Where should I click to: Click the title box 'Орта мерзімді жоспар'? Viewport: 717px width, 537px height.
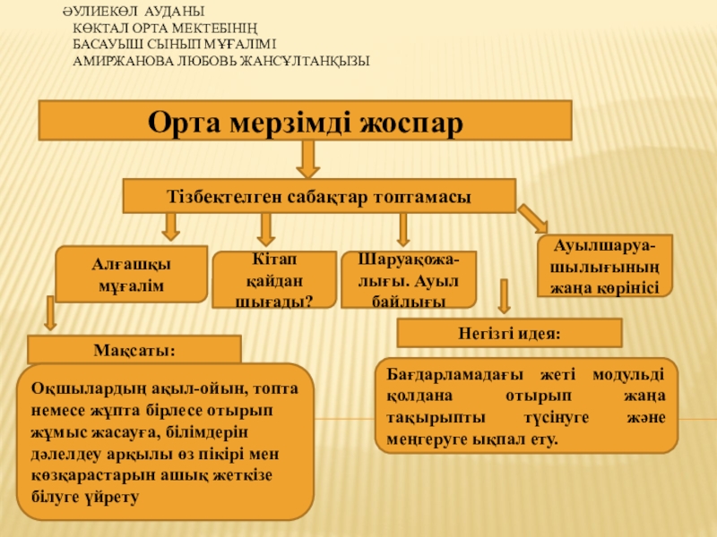[304, 121]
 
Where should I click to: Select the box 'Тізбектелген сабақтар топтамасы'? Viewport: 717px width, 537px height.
[319, 195]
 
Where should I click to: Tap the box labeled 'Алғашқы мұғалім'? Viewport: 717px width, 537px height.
[132, 274]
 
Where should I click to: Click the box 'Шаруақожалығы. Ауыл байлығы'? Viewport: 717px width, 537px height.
[409, 279]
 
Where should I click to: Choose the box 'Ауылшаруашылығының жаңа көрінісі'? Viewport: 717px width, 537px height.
[604, 266]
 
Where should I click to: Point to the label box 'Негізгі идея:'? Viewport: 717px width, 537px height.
[509, 333]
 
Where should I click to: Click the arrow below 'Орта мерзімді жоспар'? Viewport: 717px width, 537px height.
[308, 158]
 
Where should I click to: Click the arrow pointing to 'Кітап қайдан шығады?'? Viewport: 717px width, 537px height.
[264, 230]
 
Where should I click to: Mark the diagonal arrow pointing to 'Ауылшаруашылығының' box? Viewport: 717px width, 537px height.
[532, 218]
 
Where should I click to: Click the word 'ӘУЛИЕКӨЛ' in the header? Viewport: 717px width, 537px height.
[94, 13]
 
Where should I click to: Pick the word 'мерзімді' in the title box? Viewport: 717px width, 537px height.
[305, 121]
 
